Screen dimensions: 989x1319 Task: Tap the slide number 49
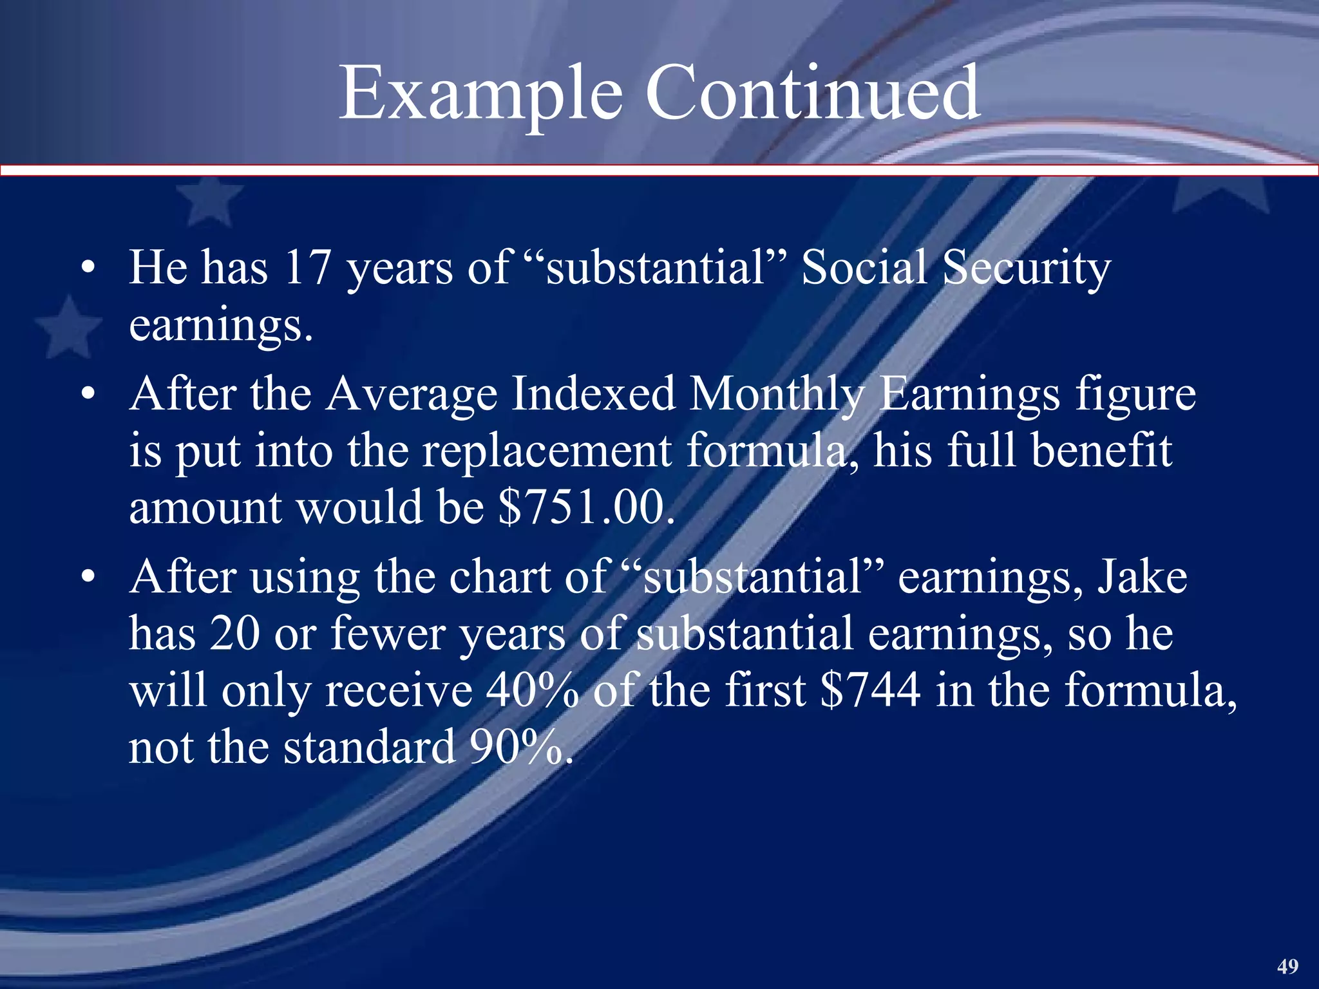(x=1287, y=966)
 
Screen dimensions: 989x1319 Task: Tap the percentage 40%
(x=531, y=690)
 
